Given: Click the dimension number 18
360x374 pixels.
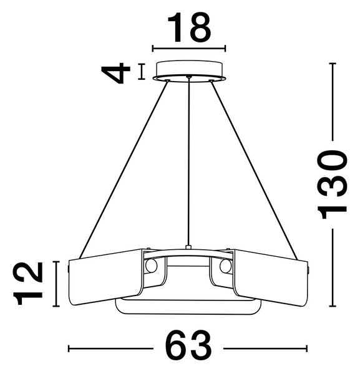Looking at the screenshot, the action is pos(189,27).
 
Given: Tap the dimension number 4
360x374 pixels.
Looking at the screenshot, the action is pos(116,73).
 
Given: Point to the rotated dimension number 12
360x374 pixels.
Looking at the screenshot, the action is pos(29,284).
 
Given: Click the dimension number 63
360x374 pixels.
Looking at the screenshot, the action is pos(188,348).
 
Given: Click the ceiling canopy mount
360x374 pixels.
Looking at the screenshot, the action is pos(189,71).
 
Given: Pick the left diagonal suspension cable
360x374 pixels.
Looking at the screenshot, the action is pos(124,170).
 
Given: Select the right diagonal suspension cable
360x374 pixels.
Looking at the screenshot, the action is pos(254,170).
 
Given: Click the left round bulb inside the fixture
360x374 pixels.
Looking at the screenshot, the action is pos(152,266).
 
